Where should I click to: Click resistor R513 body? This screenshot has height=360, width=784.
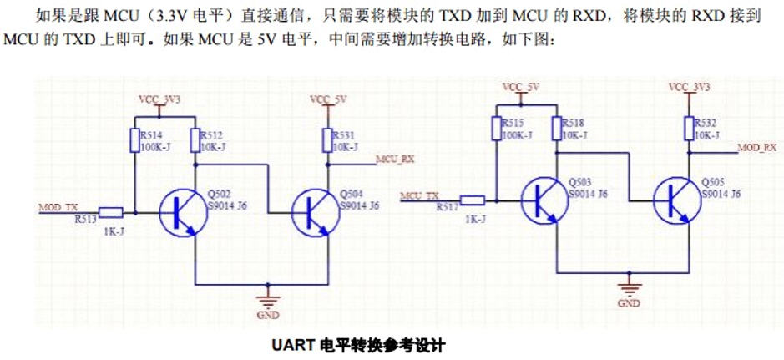point(111,212)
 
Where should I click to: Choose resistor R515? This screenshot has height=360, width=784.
point(495,127)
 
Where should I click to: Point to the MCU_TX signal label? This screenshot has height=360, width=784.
point(419,195)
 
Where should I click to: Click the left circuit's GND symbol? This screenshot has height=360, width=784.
point(267,302)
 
